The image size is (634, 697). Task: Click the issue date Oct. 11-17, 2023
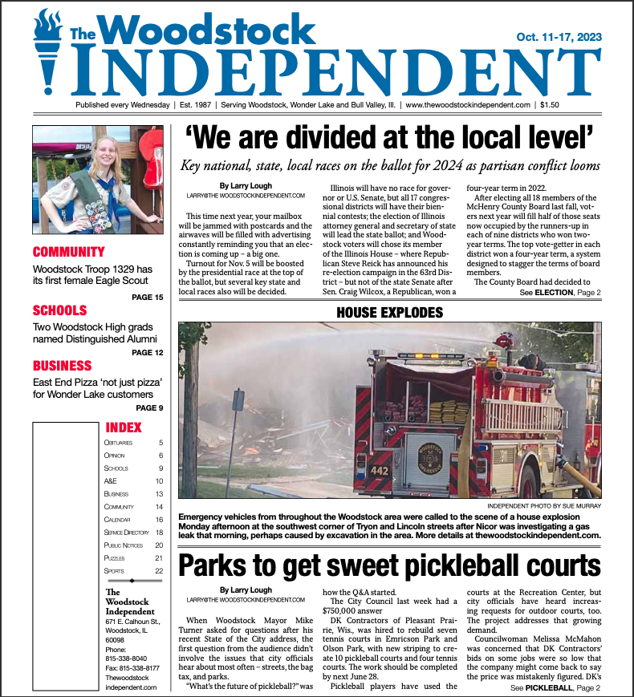[x=558, y=36]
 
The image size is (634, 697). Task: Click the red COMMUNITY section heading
[x=68, y=252]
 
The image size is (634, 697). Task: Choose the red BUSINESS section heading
[x=62, y=366]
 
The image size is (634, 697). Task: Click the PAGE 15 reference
[x=147, y=298]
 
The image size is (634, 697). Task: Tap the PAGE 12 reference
[x=147, y=352]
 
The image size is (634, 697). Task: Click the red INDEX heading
[x=124, y=428]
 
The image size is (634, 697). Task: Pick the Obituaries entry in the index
[x=119, y=443]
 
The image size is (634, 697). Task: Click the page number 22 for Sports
[x=159, y=570]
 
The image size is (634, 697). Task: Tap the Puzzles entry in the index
[x=116, y=557]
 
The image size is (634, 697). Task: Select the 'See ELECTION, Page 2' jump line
[x=559, y=293]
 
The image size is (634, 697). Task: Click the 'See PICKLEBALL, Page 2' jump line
[x=555, y=687]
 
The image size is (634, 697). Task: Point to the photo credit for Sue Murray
[x=544, y=506]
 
